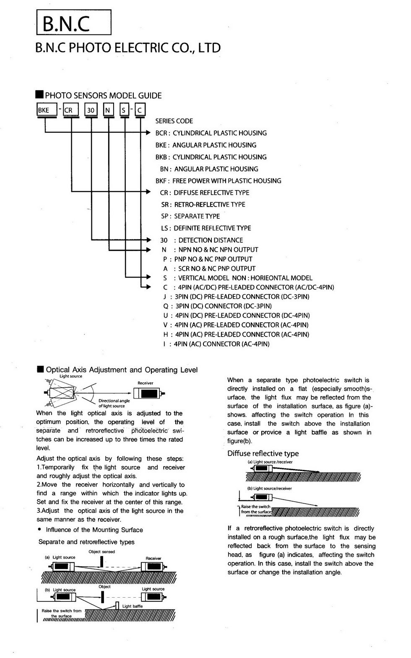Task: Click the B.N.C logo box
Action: click(74, 23)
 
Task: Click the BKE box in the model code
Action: click(47, 110)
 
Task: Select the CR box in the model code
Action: click(70, 110)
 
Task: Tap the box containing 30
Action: click(91, 110)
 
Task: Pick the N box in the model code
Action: click(108, 110)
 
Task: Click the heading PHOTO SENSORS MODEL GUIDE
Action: click(103, 96)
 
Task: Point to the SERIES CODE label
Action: click(174, 121)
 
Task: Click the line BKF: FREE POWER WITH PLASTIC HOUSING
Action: click(218, 181)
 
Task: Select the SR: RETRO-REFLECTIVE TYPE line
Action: click(203, 205)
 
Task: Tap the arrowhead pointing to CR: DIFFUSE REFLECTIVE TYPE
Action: click(148, 192)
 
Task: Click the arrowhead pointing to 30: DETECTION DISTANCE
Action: click(148, 240)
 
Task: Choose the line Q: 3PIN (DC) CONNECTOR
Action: click(217, 306)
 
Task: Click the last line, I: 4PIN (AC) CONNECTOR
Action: click(216, 344)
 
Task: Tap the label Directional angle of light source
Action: click(114, 403)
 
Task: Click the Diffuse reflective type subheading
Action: click(263, 453)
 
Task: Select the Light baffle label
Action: click(133, 606)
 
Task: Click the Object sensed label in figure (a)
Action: click(101, 552)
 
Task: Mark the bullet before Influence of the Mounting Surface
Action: click(39, 530)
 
